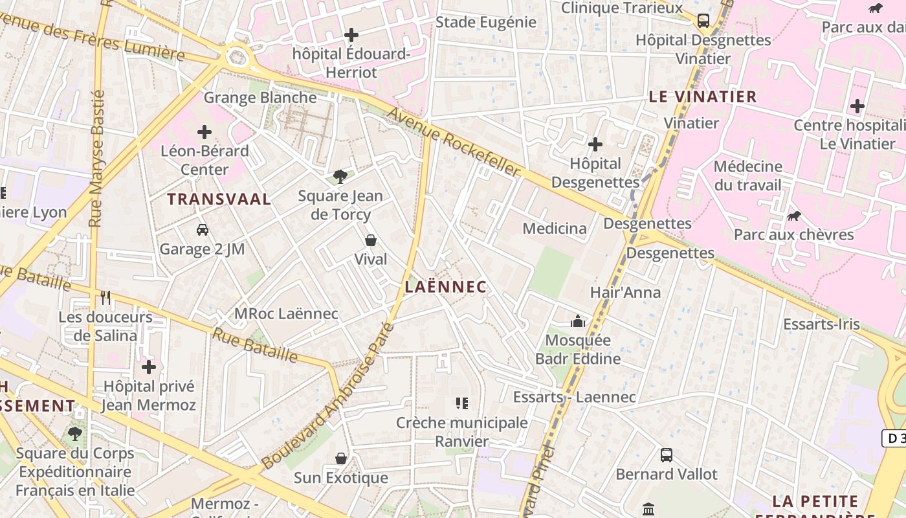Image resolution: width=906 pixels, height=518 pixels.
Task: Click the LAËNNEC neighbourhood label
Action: click(445, 286)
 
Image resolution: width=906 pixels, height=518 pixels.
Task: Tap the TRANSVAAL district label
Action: click(219, 199)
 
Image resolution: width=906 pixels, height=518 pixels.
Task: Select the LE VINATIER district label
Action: click(702, 96)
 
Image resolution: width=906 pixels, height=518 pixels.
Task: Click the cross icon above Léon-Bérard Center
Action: click(204, 132)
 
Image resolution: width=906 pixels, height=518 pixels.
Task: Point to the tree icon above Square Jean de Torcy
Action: click(340, 176)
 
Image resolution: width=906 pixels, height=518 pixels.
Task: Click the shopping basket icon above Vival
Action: click(371, 240)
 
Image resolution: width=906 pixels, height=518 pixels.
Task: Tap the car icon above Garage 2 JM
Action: click(203, 229)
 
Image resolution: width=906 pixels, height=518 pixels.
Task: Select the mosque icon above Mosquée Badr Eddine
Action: click(577, 321)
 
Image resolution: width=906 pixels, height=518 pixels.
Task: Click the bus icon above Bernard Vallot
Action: click(666, 455)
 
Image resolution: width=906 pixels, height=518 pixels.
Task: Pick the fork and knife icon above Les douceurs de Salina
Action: click(105, 297)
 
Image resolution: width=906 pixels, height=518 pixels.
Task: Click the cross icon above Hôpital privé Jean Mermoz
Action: click(149, 367)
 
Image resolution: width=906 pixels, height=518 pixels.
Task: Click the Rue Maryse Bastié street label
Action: click(97, 159)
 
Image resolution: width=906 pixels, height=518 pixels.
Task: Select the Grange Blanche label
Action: click(260, 98)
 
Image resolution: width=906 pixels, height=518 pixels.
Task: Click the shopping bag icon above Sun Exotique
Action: click(341, 458)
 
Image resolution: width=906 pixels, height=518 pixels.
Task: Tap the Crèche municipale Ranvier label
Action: click(462, 432)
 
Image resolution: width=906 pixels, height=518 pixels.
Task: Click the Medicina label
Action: click(555, 228)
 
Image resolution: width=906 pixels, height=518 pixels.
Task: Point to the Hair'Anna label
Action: click(625, 292)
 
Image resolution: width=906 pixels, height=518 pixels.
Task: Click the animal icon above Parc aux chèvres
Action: click(793, 216)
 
